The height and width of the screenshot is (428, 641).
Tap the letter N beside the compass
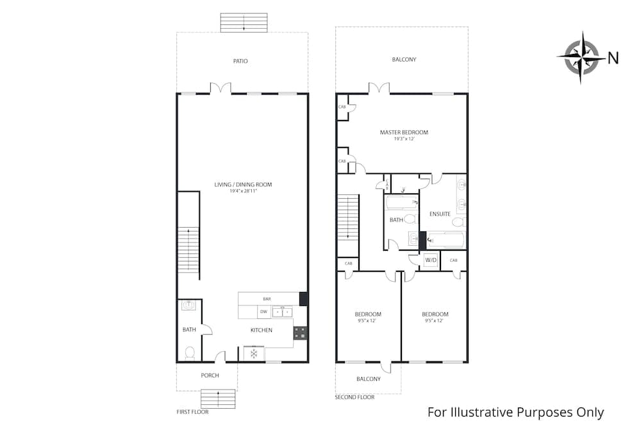tap(613, 58)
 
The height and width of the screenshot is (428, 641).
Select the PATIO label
tap(240, 61)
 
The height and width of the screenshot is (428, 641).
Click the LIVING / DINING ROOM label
tap(243, 185)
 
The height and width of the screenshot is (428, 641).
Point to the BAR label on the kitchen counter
tap(267, 299)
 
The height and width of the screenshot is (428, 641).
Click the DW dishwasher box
tap(263, 312)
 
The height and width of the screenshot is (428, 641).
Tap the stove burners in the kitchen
tap(299, 332)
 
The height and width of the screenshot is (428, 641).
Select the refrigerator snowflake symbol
tap(254, 354)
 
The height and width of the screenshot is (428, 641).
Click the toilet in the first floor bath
tap(190, 353)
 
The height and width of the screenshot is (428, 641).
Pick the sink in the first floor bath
tap(189, 305)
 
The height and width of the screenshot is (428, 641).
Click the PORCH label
tap(210, 375)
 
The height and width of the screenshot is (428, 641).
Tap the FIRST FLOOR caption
tap(192, 412)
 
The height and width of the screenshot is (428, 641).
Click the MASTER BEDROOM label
tap(404, 132)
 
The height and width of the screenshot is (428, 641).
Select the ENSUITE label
tap(440, 214)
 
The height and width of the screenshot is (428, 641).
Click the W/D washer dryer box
tap(431, 261)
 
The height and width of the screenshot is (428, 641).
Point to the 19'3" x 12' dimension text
tap(404, 139)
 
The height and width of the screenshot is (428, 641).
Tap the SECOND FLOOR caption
tap(354, 397)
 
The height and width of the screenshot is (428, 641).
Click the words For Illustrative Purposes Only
tap(515, 412)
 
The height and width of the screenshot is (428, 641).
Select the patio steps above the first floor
tap(244, 22)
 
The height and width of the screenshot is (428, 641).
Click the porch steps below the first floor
tap(218, 399)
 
